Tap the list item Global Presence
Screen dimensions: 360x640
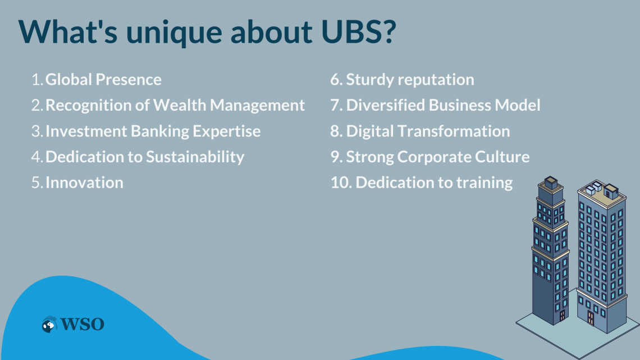point(103,80)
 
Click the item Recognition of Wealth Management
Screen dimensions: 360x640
point(175,105)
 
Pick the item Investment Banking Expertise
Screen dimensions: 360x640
point(153,131)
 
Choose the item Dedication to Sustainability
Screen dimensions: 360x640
point(145,157)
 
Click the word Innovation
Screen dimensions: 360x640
point(84,183)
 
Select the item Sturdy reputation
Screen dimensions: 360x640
point(410,80)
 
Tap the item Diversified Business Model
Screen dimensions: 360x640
point(443,105)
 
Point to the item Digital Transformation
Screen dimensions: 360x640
point(428,131)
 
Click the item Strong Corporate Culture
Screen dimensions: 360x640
point(437,157)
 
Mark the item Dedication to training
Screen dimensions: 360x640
point(434,183)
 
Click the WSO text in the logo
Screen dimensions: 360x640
point(82,324)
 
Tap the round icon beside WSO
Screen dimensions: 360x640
point(49,324)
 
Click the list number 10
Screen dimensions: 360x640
point(340,183)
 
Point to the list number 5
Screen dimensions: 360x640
point(36,183)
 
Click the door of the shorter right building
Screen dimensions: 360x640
point(590,318)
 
